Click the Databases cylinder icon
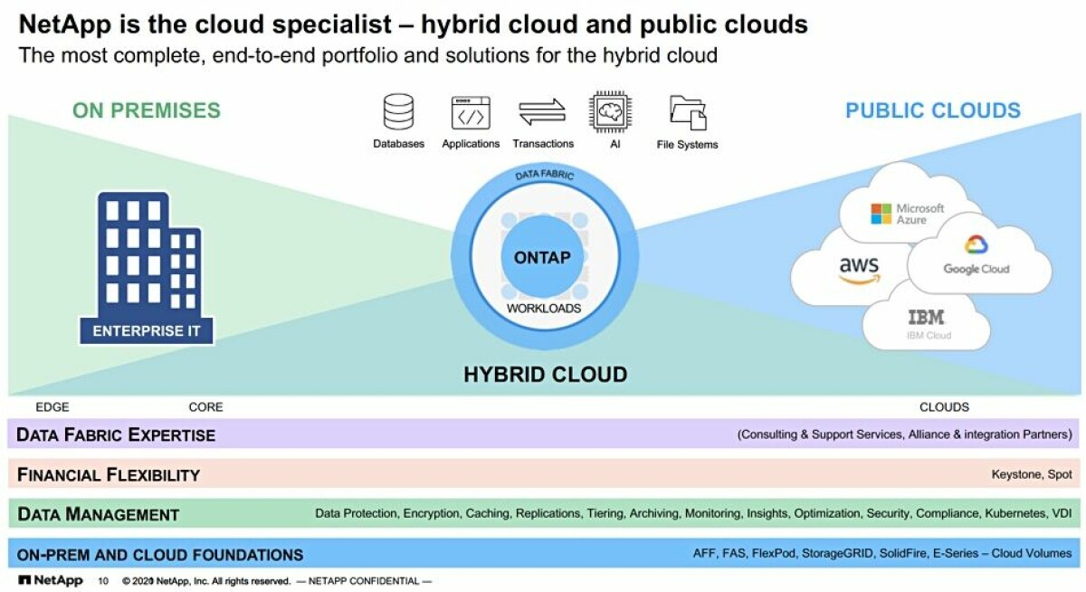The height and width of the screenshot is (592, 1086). point(398,112)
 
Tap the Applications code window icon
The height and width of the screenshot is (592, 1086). point(471,113)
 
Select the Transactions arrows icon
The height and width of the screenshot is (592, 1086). point(542,112)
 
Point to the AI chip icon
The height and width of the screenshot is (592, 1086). point(610,112)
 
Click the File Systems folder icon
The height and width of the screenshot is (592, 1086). point(688,113)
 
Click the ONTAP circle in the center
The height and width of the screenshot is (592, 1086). point(542,257)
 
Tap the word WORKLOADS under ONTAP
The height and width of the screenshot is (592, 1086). point(544,309)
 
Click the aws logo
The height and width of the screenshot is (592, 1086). point(859,270)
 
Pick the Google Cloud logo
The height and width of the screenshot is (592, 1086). point(976,254)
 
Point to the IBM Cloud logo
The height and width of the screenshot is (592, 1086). point(927,324)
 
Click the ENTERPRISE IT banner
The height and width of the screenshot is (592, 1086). point(147,331)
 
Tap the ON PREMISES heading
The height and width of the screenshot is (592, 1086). point(147,110)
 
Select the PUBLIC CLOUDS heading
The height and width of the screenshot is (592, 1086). point(933,110)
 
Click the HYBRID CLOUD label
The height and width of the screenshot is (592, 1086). point(546,375)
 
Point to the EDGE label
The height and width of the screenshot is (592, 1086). point(52,406)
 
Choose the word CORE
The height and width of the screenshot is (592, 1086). point(205,406)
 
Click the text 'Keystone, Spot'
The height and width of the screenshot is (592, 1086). point(1031,474)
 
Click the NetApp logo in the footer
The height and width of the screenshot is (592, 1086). point(51,580)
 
